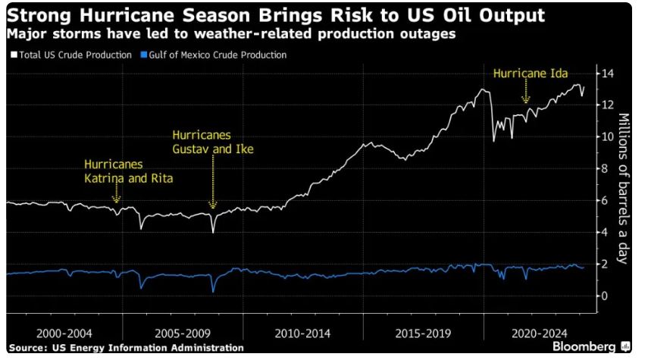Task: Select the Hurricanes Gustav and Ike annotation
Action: point(213,142)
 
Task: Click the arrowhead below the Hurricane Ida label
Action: point(525,99)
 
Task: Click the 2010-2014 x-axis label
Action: point(302,333)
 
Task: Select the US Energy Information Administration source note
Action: point(127,348)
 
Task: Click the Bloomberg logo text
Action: point(584,346)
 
